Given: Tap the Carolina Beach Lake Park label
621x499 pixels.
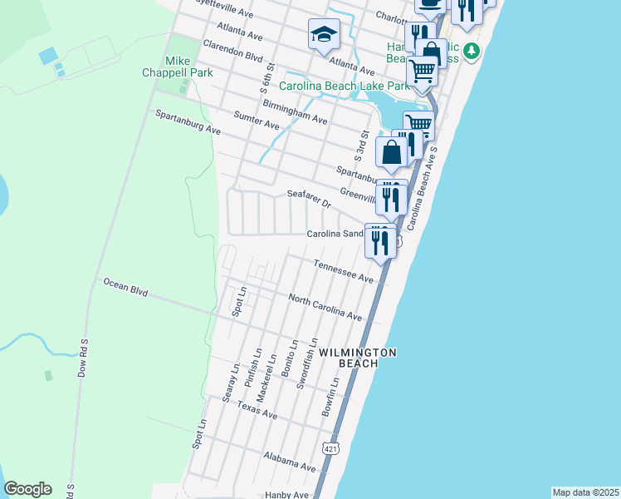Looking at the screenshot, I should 345,86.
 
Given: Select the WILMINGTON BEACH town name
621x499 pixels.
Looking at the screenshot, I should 357,358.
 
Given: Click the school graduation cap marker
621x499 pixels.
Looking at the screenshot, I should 324,35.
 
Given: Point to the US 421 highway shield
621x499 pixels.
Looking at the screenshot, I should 330,471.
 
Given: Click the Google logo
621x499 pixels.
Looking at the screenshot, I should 27,489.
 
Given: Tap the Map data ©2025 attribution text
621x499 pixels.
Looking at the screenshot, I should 585,492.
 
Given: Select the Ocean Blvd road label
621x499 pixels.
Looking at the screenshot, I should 125,288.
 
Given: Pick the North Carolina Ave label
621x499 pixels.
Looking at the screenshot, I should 325,307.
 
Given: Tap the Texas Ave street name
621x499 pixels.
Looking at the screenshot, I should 257,409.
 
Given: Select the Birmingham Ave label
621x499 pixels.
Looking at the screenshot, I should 295,112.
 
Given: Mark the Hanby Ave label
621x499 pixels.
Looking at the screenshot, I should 287,495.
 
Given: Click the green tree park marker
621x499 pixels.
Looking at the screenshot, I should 472,52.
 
